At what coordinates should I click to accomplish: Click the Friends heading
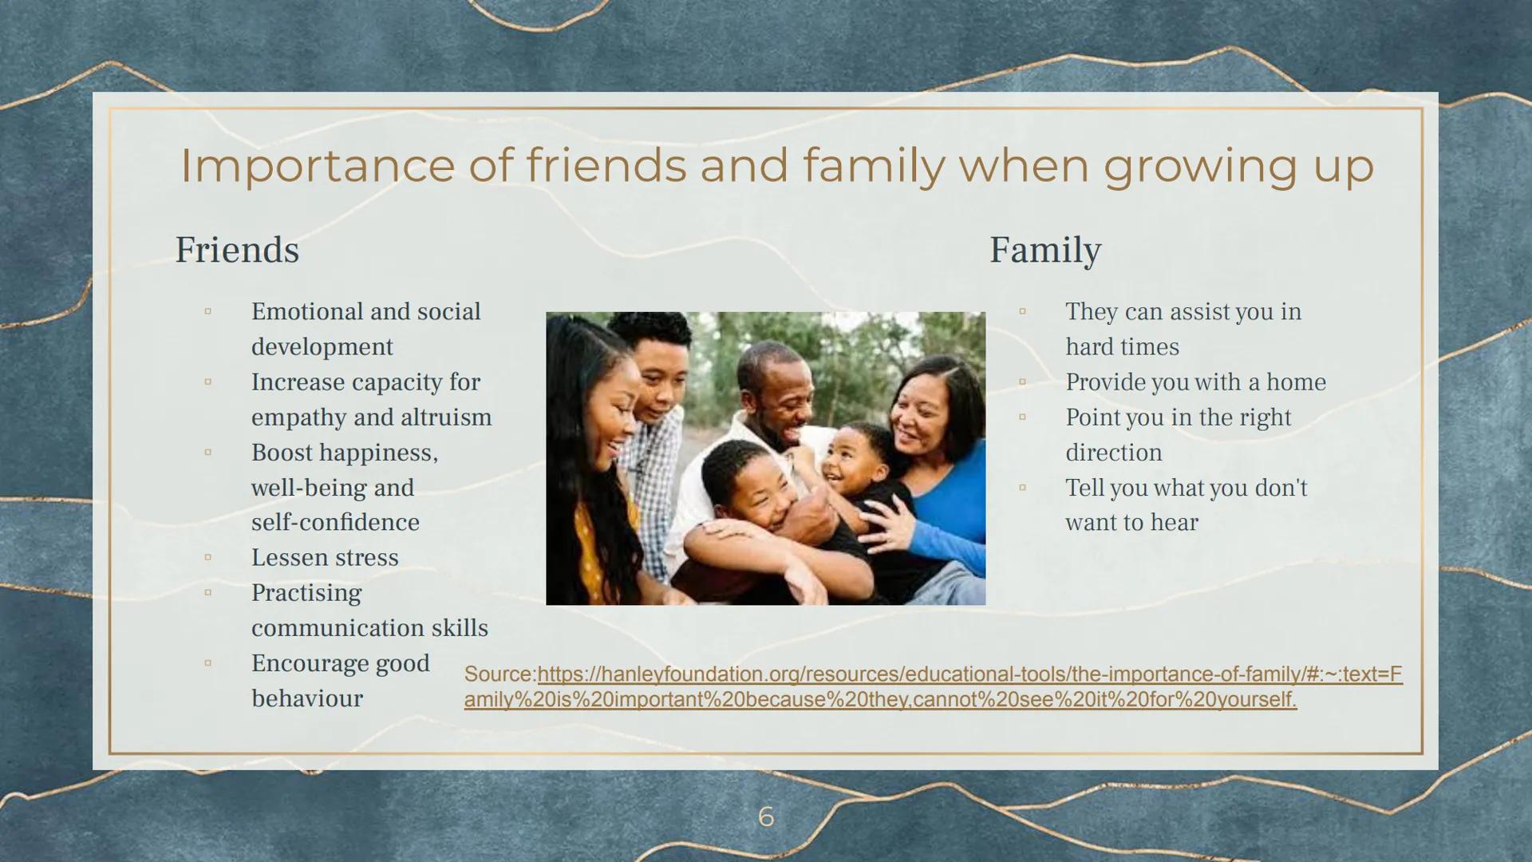[237, 250]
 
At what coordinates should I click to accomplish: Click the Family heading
[1045, 250]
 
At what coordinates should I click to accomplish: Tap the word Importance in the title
[318, 166]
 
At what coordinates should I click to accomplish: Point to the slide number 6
[766, 817]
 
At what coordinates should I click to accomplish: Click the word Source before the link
[499, 674]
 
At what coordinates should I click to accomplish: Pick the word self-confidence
[335, 522]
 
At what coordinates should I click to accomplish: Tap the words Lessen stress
[325, 557]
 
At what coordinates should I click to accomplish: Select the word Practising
[306, 593]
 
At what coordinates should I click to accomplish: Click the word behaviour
[307, 698]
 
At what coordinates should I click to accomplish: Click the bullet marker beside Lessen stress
[207, 557]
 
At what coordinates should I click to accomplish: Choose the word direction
[1114, 453]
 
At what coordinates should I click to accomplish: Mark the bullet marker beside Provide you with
[1022, 382]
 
